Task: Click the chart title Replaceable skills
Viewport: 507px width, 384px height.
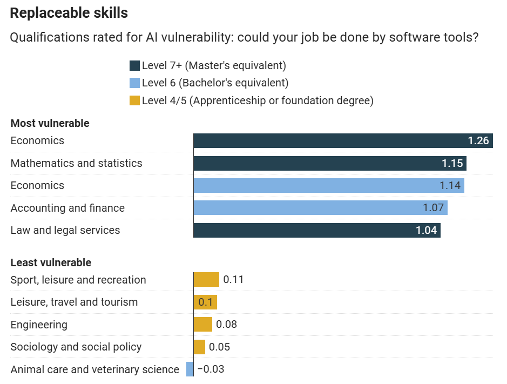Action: (x=69, y=13)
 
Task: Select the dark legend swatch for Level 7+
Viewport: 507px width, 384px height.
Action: (x=134, y=66)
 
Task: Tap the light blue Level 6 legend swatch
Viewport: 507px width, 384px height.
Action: (x=134, y=83)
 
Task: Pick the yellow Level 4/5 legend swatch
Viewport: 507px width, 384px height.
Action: (x=134, y=100)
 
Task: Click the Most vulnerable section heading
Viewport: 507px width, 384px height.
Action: (x=50, y=123)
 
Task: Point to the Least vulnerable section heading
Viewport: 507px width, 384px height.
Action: (x=51, y=262)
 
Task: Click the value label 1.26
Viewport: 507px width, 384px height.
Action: (x=478, y=141)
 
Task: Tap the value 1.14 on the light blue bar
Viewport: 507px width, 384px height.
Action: (x=450, y=186)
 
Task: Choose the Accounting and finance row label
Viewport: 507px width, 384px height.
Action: (x=67, y=208)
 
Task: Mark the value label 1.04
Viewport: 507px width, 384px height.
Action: (x=426, y=231)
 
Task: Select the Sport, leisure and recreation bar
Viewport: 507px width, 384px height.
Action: (x=206, y=280)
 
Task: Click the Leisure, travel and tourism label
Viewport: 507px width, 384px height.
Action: (x=74, y=302)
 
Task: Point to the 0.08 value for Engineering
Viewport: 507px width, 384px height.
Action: (x=226, y=325)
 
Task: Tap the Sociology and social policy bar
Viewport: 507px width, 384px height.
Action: (x=199, y=347)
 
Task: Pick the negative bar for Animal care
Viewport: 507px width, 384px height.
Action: (x=190, y=369)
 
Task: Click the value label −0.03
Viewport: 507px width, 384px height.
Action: (x=211, y=369)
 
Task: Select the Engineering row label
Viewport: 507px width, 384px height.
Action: (x=39, y=325)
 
